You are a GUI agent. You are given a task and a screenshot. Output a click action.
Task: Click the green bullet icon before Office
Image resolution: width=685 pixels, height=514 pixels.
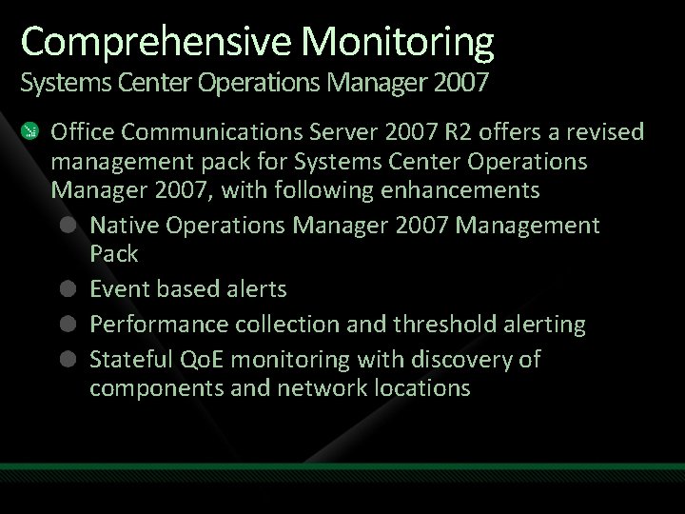point(31,130)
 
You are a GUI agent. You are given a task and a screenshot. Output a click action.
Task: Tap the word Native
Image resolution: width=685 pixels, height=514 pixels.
point(123,226)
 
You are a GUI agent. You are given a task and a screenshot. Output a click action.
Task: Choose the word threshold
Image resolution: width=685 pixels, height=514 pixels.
point(421,325)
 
